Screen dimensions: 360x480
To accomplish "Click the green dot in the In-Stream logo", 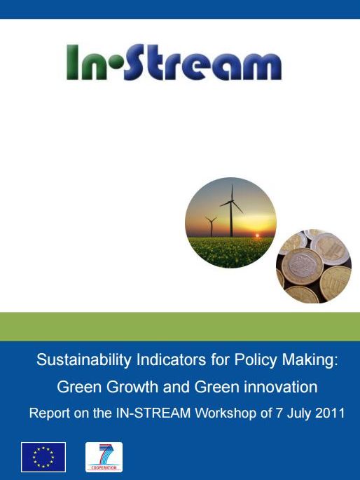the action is click(116, 65).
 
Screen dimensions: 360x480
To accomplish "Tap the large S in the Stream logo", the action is click(135, 62).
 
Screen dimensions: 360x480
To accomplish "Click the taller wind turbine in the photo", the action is click(232, 211).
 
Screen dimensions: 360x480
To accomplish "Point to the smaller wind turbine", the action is click(211, 226).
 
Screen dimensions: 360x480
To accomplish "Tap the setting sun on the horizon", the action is click(257, 235).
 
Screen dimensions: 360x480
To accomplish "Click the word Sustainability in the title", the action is click(84, 360).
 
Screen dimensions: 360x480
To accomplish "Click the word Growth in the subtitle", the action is click(132, 387).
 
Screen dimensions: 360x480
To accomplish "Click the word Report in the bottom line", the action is click(50, 413).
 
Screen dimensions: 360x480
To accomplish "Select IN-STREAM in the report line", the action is click(153, 413).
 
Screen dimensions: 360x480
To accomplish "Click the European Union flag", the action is click(43, 457).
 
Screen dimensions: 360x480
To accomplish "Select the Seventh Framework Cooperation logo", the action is click(104, 457).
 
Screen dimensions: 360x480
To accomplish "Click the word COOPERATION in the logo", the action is click(104, 467).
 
